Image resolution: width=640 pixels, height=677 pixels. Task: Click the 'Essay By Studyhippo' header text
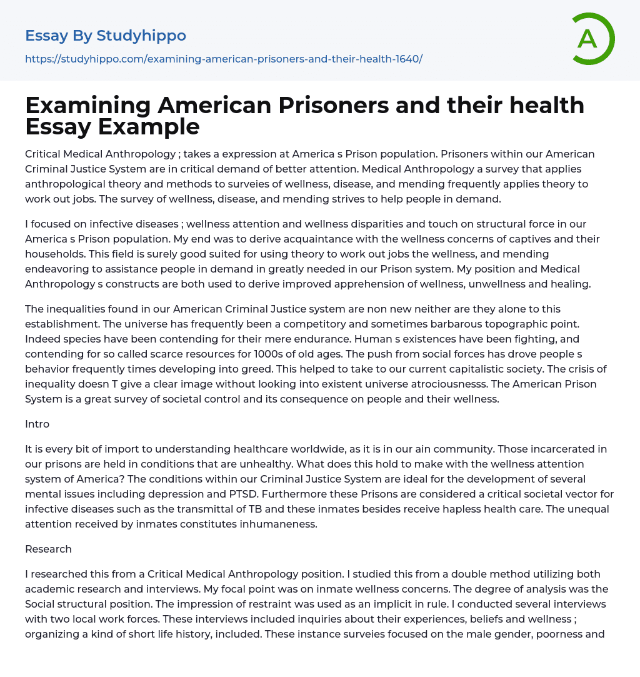[106, 36]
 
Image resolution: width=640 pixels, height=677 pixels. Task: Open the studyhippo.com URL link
[224, 59]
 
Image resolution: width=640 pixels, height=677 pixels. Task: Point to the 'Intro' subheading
[37, 424]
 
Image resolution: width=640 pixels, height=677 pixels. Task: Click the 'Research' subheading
[48, 549]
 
